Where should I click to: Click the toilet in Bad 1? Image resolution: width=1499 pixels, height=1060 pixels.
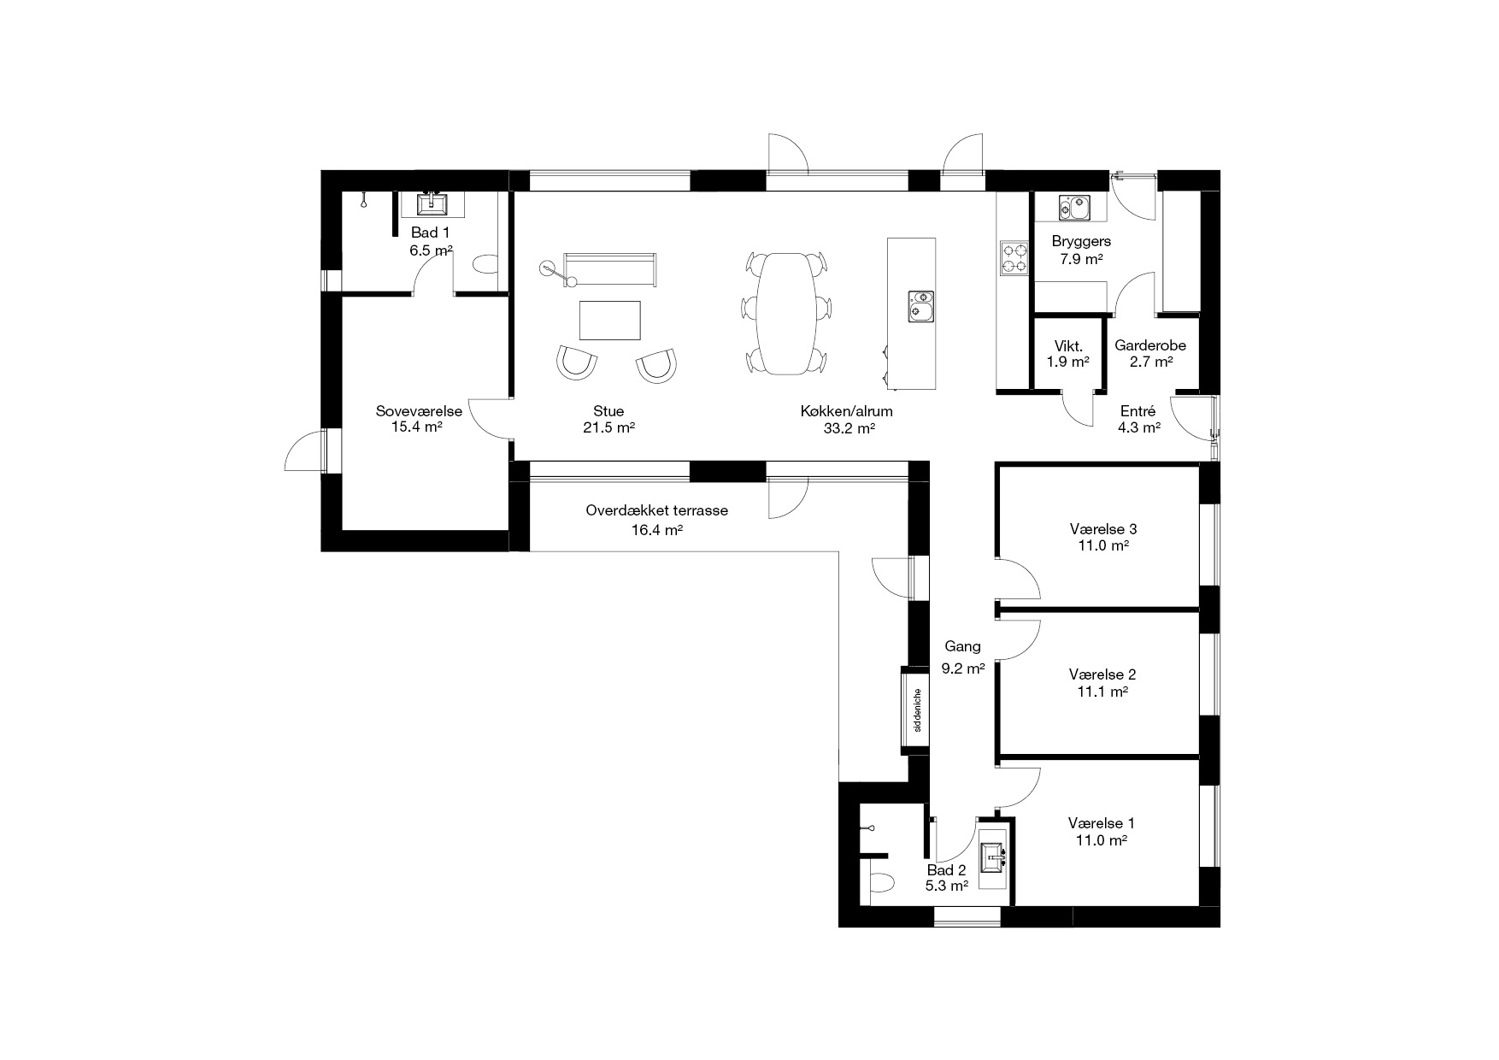[x=485, y=262]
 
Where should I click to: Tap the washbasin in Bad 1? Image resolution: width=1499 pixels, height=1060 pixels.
[x=432, y=203]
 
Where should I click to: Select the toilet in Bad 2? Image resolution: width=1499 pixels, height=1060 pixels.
[x=881, y=882]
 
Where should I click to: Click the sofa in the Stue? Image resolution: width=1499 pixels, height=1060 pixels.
[x=609, y=269]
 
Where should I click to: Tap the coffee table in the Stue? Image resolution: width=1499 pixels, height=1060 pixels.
[x=610, y=321]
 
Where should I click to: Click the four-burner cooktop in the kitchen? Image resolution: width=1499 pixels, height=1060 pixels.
[x=1014, y=258]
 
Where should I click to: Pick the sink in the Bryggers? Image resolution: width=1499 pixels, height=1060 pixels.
[x=1073, y=207]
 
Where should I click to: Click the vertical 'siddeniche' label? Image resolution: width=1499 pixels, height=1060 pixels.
[x=916, y=710]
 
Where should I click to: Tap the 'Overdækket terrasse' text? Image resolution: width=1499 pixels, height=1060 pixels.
[x=656, y=510]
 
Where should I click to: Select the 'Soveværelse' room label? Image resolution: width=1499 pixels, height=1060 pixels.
[x=419, y=411]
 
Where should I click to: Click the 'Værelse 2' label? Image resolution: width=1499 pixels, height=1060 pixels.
[x=1102, y=674]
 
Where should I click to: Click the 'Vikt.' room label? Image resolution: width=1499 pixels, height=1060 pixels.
[x=1068, y=346]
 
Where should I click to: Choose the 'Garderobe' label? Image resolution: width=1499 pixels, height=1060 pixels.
[x=1150, y=346]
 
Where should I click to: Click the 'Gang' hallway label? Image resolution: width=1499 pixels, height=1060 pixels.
[x=962, y=647]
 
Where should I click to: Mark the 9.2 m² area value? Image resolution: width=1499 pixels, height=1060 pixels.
[x=963, y=669]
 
